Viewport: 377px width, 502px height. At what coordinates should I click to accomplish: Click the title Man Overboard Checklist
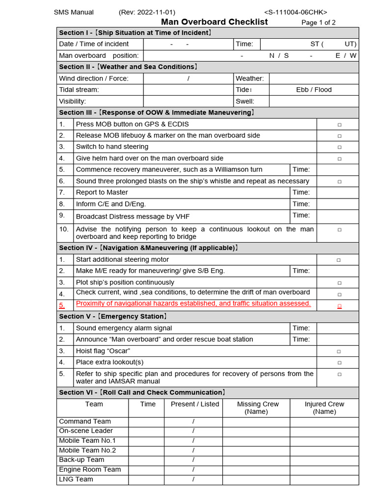215,22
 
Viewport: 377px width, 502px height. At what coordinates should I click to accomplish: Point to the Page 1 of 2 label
319,23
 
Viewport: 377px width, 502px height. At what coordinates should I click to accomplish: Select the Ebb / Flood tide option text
314,90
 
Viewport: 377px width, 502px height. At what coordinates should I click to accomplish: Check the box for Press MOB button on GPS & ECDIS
339,125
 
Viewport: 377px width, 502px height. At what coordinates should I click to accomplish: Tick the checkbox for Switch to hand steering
339,147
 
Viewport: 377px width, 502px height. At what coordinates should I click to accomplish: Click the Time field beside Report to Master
337,193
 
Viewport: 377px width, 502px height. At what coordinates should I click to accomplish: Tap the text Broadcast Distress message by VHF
133,216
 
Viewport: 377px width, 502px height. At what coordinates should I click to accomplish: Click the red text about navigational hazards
193,303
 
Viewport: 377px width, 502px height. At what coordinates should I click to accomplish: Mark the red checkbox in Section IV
339,306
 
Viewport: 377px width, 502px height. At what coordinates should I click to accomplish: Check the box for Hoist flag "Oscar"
339,351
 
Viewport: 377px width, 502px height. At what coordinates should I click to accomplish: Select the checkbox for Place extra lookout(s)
339,363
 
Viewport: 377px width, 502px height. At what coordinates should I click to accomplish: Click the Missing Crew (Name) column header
258,408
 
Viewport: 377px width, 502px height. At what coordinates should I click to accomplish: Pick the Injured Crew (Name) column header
324,408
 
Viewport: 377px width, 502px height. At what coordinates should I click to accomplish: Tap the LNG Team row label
76,479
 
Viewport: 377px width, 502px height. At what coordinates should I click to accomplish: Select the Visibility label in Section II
73,101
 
